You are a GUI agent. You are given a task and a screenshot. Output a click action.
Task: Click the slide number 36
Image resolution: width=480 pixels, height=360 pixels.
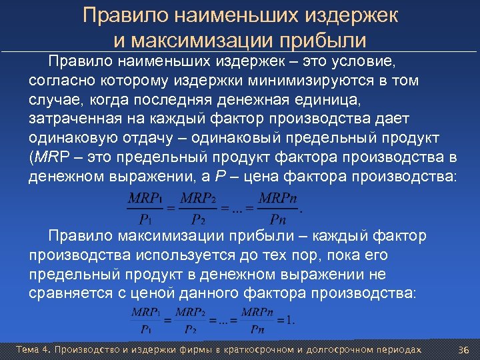pyautogui.click(x=464, y=349)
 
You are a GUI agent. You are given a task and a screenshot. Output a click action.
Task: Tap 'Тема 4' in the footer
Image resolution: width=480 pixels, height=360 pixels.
pyautogui.click(x=33, y=349)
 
